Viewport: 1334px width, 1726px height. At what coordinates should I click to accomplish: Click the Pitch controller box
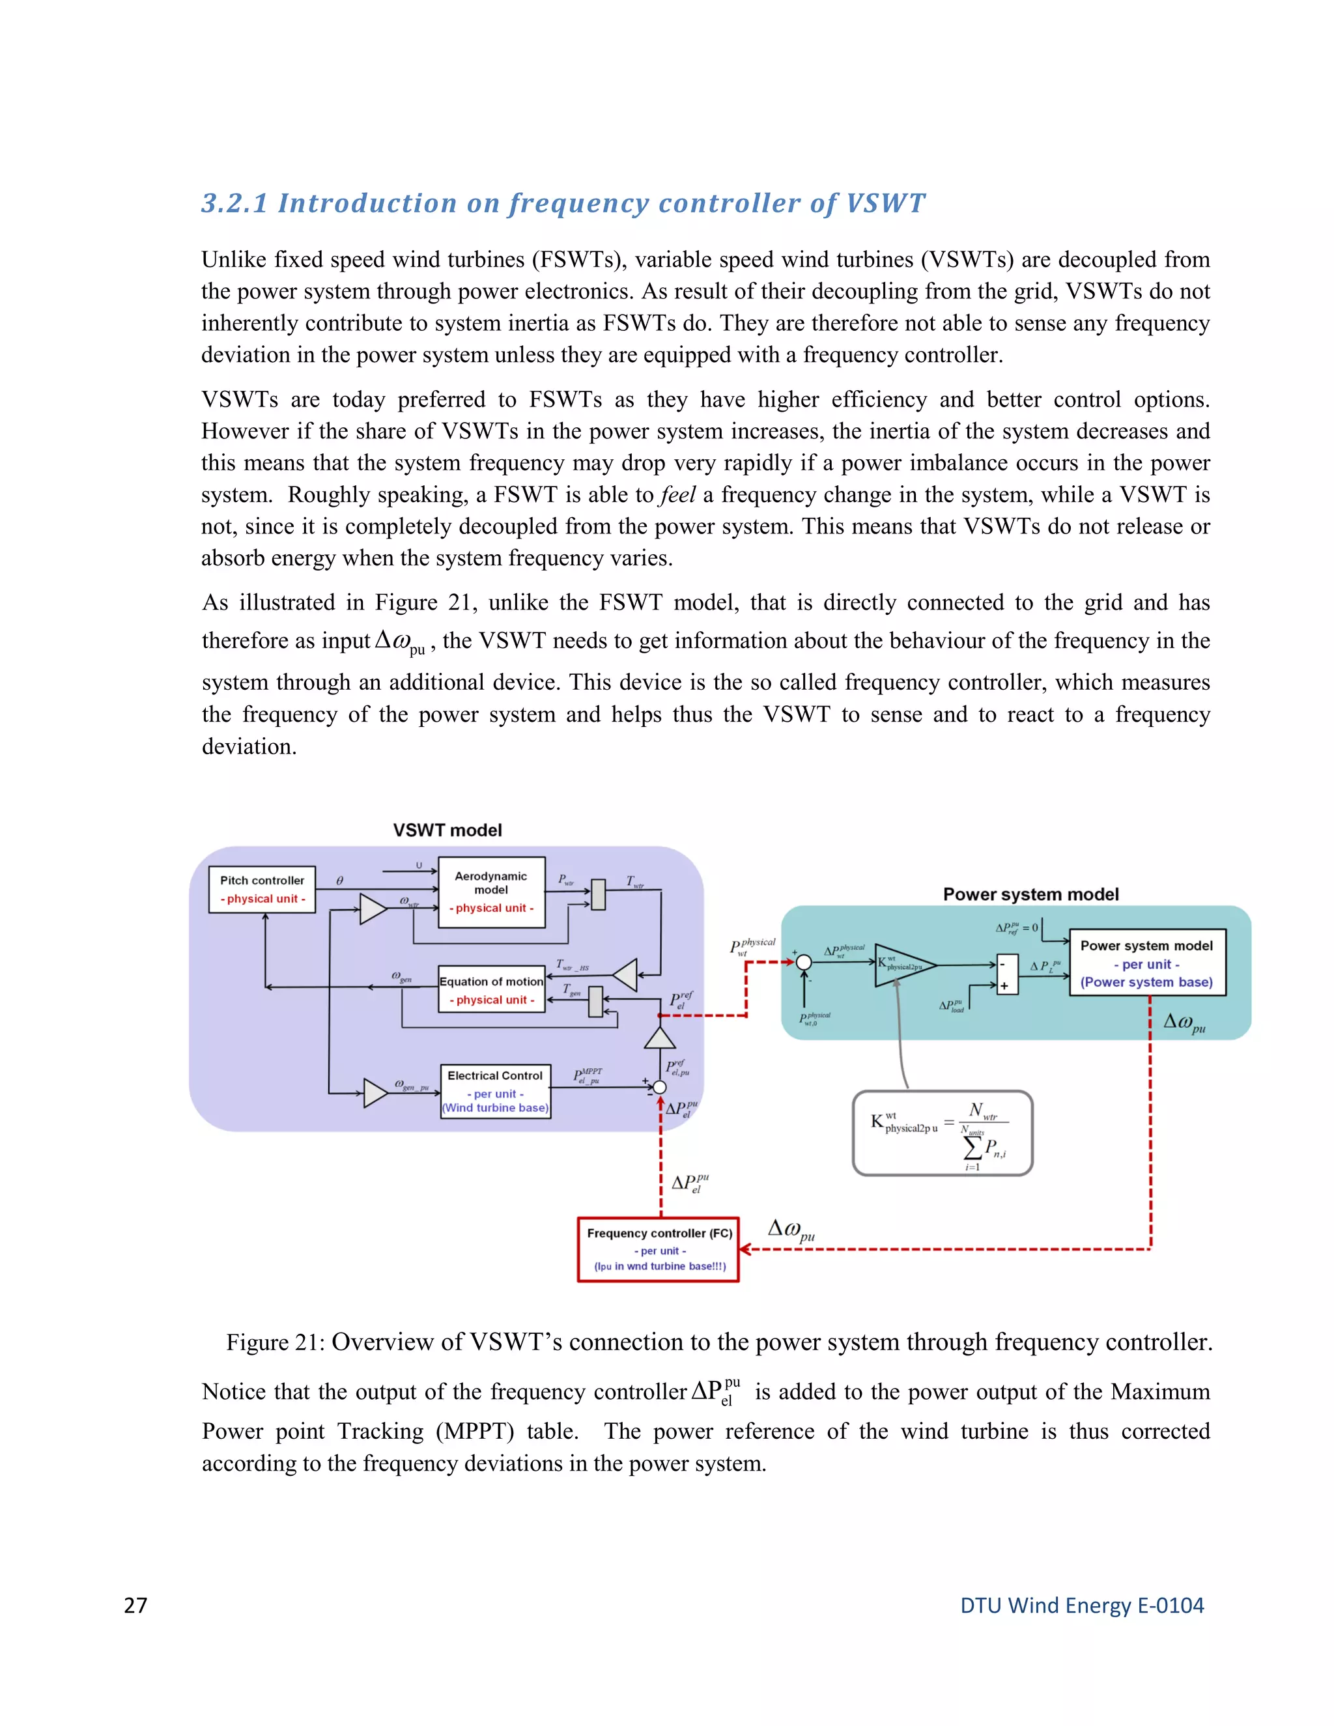tap(262, 889)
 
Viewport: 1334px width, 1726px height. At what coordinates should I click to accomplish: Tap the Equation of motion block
tap(492, 989)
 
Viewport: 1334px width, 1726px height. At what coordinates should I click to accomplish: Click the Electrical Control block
tap(495, 1090)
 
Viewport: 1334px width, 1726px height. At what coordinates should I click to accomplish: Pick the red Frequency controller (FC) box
tap(659, 1249)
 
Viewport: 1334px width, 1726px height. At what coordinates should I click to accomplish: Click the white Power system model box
tap(1146, 963)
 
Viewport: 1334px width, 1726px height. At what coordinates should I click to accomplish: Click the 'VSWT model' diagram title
tap(447, 830)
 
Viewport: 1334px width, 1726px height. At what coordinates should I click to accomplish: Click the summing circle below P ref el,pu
tap(659, 1088)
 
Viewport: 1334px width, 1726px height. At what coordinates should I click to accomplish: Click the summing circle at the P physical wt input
tap(804, 962)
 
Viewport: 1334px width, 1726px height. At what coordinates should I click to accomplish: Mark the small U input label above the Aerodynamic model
tap(419, 866)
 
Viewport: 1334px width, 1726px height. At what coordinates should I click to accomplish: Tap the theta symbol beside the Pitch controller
tap(340, 881)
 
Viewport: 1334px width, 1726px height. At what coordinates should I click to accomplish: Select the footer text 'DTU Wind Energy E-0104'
tap(1081, 1605)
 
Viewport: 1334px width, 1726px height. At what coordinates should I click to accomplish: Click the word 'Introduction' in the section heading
tap(367, 203)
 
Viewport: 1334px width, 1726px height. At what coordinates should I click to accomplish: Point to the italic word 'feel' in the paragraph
tap(677, 495)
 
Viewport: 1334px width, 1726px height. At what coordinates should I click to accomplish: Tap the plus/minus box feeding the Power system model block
tap(1007, 974)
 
